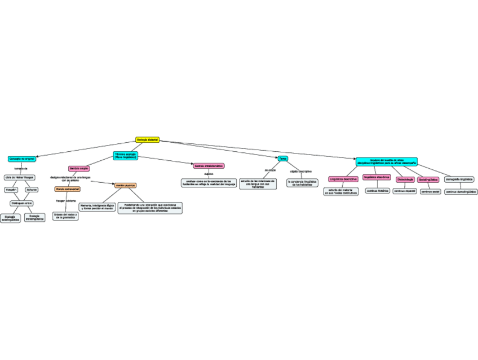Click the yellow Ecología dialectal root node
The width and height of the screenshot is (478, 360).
[148, 140]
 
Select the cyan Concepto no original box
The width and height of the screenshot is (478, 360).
[22, 159]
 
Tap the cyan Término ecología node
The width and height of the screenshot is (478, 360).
[125, 155]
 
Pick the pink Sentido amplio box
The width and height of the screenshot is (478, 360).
[79, 168]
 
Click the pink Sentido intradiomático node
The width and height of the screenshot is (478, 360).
[209, 166]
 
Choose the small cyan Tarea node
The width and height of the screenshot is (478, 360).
[283, 159]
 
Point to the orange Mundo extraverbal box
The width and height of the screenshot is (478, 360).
[68, 189]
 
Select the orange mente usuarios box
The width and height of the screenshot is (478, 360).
[125, 185]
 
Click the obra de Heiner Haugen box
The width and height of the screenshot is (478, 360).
[20, 177]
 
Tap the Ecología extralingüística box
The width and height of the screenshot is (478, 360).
[10, 218]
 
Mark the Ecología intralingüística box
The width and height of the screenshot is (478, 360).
[34, 217]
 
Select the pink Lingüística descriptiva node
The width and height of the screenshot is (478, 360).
[343, 179]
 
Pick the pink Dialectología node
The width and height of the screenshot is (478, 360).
[405, 179]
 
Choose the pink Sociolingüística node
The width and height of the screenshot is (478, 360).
[428, 179]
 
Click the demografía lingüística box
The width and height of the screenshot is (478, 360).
[459, 179]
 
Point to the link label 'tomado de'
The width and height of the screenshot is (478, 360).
[21, 168]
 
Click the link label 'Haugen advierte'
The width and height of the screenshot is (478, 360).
[65, 201]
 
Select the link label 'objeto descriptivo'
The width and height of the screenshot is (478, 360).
[300, 171]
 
